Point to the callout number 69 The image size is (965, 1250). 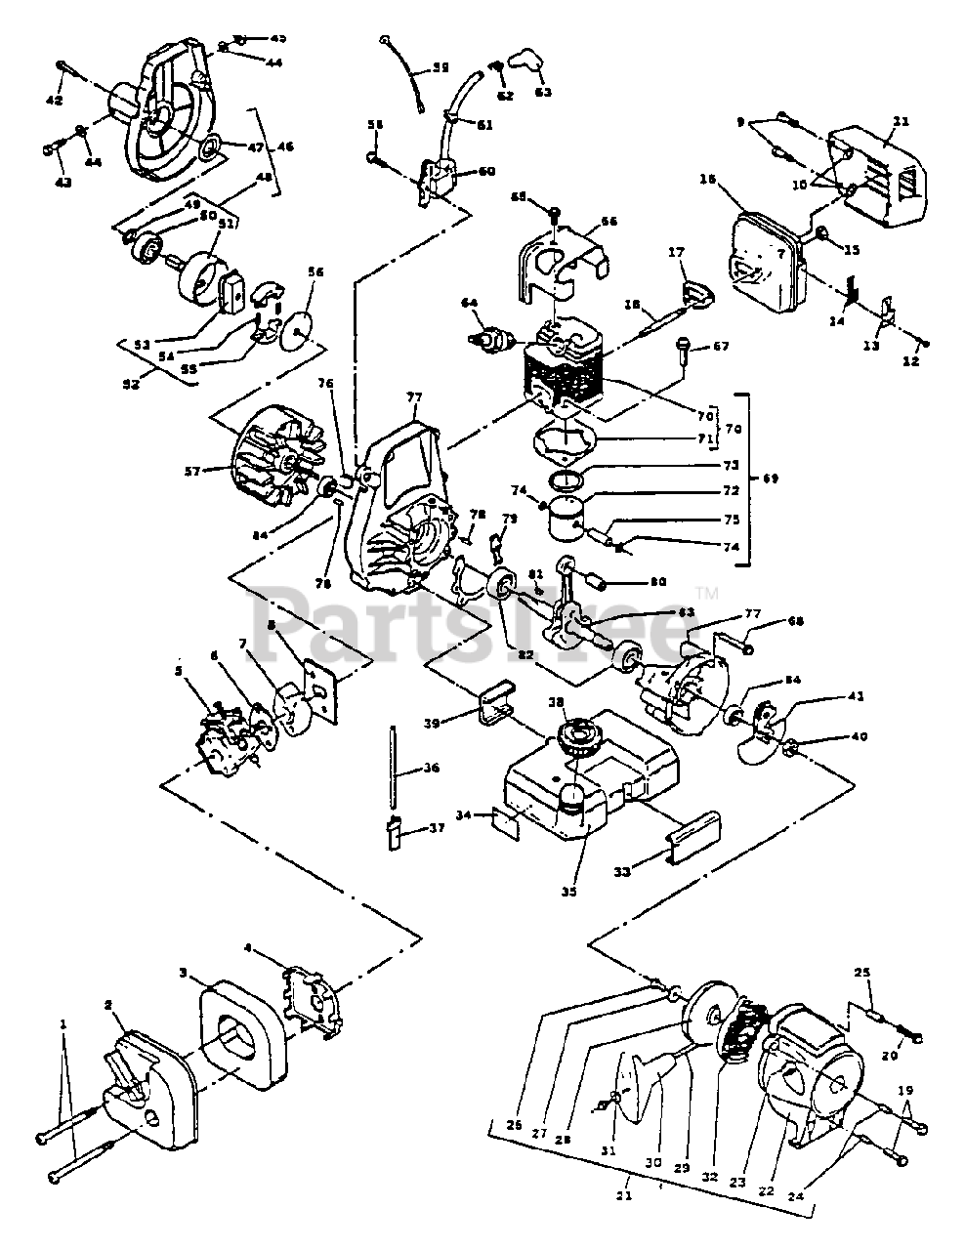(773, 479)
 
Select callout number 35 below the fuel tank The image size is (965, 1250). (567, 891)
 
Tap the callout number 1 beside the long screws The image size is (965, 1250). (63, 1024)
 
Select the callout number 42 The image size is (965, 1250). (55, 100)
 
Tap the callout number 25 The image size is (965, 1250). (861, 973)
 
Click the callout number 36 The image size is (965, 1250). (432, 769)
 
